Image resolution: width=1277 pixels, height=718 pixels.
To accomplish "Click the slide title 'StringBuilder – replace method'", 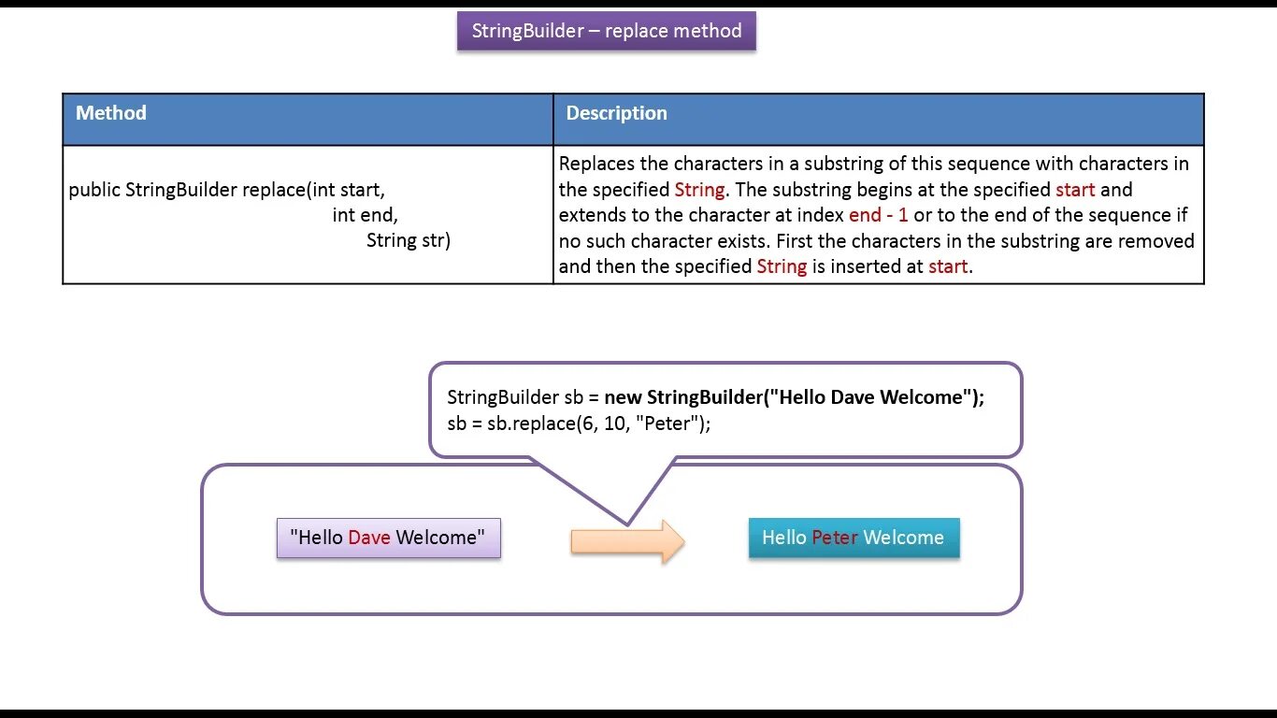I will click(x=606, y=31).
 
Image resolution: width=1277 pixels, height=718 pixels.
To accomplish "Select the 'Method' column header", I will click(x=111, y=113).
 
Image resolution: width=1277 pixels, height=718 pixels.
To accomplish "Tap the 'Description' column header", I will click(x=616, y=113).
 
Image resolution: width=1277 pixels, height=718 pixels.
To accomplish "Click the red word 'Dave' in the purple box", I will click(x=368, y=538).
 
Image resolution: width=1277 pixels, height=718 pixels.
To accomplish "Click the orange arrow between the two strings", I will click(x=627, y=541).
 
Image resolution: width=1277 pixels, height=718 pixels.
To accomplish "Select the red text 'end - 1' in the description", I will click(x=878, y=215).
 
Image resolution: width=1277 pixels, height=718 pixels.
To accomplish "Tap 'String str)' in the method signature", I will click(x=408, y=240).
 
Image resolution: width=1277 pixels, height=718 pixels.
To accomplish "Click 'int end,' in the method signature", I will click(x=365, y=215).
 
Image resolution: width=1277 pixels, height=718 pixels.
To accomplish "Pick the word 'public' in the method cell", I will click(x=94, y=190).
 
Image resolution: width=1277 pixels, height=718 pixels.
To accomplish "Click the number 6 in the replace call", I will click(x=567, y=424).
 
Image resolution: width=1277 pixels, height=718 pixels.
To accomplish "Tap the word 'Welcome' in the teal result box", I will click(x=903, y=538).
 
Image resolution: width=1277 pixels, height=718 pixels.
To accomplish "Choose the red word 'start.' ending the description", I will click(x=950, y=266).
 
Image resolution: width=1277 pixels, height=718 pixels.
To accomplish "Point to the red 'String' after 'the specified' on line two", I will click(x=699, y=190).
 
